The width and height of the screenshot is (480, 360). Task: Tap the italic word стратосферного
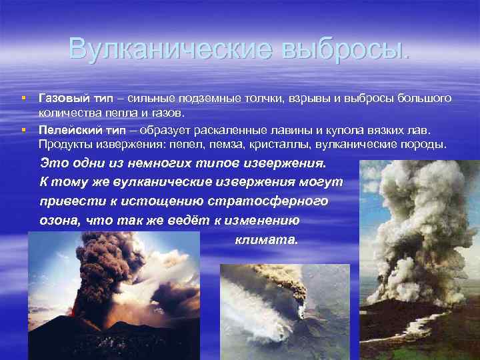click(269, 201)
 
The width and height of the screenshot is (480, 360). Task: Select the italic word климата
click(266, 240)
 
